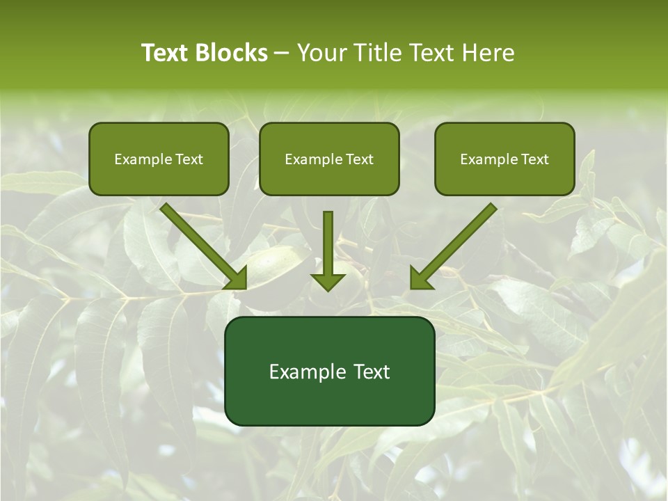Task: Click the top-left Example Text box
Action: [159, 159]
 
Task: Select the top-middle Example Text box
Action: [329, 159]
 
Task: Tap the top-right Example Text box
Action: [504, 159]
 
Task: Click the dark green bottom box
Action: [329, 371]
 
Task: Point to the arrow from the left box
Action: [202, 246]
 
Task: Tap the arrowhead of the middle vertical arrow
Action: [328, 280]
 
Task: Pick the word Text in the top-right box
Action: [534, 159]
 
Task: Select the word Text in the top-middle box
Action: [359, 159]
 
